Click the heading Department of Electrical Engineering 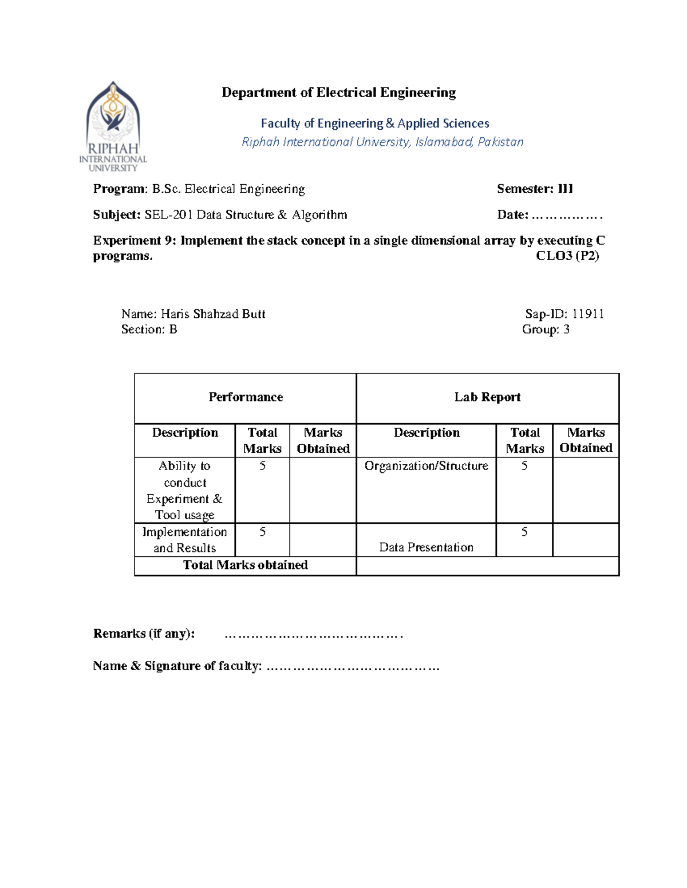tap(338, 93)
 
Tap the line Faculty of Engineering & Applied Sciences tap(375, 124)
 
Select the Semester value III tap(565, 189)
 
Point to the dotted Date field tap(567, 216)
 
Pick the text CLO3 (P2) tap(567, 256)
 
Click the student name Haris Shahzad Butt tap(213, 314)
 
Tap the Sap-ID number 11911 tap(588, 314)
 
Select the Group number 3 tap(566, 329)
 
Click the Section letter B tap(173, 329)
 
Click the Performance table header tap(246, 397)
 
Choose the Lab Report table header tap(487, 397)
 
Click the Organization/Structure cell tap(426, 466)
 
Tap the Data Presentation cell tap(426, 547)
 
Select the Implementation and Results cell tap(184, 540)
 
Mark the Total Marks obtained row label tap(245, 565)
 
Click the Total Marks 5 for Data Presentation tap(524, 532)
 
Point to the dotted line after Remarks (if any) tap(314, 635)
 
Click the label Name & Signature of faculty tap(177, 666)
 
